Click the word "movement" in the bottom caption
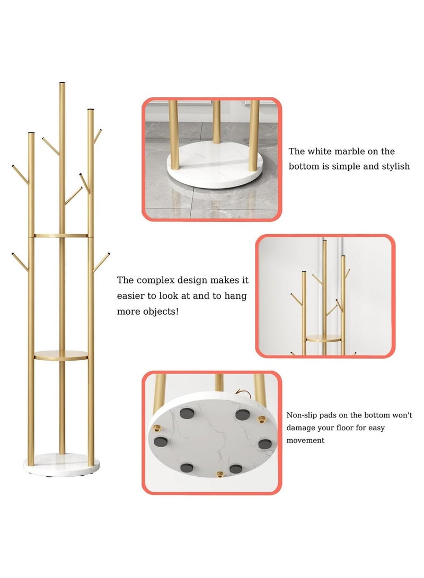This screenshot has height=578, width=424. click(306, 440)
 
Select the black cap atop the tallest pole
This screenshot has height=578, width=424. click(63, 83)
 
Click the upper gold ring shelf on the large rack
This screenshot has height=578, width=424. click(61, 235)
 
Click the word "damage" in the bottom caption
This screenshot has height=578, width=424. click(304, 428)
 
